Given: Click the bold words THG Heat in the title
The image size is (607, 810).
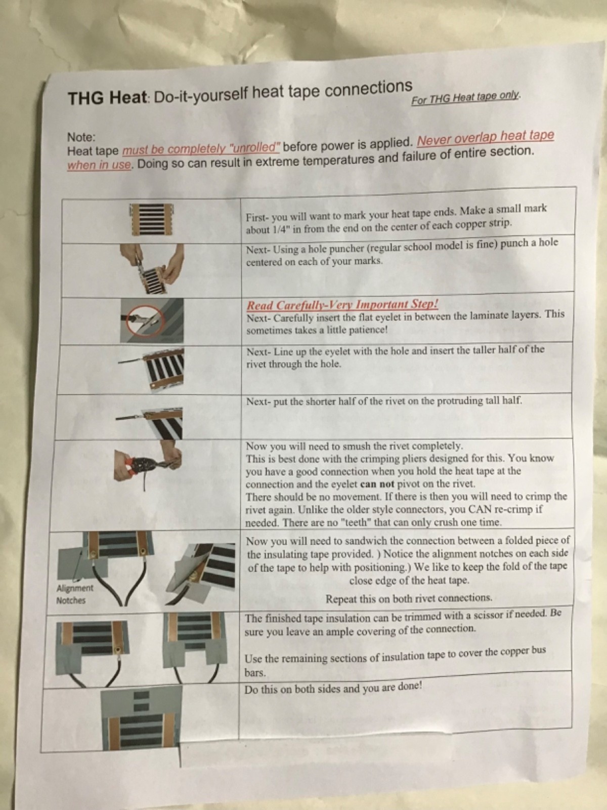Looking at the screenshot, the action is coord(108,98).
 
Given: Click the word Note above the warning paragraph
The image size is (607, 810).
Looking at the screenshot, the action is coord(81,137).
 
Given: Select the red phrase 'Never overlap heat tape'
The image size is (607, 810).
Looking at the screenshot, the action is coord(486,138).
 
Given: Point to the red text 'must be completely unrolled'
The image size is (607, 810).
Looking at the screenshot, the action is coord(201,149).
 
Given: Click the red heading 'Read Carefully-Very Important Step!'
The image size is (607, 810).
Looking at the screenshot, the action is coord(342,304).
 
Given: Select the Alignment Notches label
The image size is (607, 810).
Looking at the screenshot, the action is coord(74,594).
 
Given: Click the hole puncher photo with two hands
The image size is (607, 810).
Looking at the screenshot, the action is coord(152,268).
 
